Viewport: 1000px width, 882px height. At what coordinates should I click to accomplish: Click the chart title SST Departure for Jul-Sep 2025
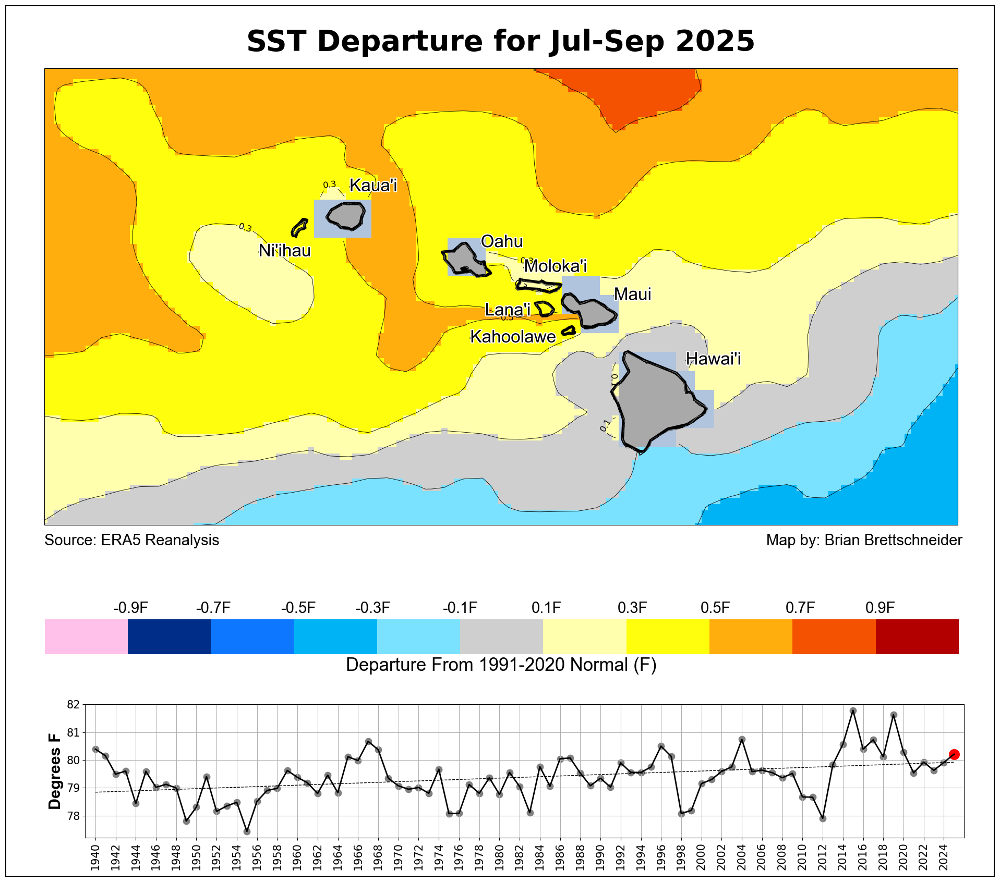coord(500,41)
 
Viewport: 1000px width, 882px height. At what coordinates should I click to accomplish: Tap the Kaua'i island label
coord(373,185)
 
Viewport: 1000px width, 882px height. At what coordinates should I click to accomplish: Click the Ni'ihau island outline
coord(299,227)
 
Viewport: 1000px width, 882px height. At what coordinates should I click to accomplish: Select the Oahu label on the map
coord(501,241)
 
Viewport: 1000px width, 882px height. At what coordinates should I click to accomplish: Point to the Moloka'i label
coord(555,266)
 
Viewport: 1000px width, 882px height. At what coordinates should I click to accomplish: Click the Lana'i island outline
coord(545,309)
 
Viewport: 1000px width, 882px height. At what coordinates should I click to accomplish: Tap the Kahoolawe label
coord(513,337)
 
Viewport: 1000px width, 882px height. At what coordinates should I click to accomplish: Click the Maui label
coord(632,294)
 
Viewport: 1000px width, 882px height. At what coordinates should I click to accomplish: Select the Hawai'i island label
coord(713,359)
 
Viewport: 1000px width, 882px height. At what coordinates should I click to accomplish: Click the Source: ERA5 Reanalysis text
coord(131,540)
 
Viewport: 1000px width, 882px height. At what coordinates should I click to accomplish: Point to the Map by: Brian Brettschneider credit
coord(864,540)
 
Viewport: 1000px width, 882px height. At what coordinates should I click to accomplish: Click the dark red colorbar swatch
coord(917,636)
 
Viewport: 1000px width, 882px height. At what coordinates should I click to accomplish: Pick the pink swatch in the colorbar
coord(86,636)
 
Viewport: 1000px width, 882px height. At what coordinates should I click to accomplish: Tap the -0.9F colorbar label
coord(130,608)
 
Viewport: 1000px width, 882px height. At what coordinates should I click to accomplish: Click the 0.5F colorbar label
coord(715,608)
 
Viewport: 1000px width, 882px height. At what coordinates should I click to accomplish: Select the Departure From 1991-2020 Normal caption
coord(501,665)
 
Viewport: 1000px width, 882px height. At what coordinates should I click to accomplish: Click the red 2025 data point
coord(954,754)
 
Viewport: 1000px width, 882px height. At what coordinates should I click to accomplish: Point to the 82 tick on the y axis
coord(74,705)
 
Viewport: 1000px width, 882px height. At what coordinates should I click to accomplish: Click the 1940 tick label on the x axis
coord(95,855)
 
